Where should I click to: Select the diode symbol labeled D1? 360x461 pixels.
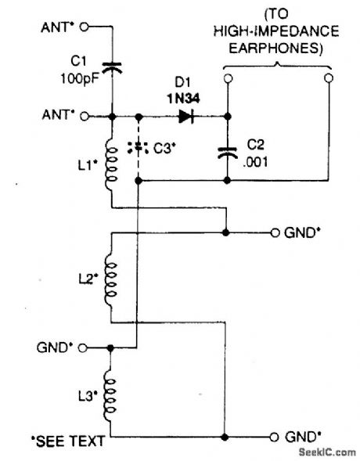point(186,117)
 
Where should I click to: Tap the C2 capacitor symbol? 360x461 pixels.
point(227,152)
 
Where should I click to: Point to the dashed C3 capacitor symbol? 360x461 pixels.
point(139,146)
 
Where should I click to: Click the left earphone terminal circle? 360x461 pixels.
point(227,79)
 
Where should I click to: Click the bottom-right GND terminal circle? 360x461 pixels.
point(275,437)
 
